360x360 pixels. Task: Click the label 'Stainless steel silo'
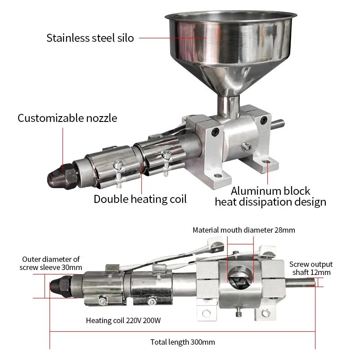pyautogui.click(x=90, y=38)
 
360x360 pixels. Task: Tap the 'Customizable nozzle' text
pyautogui.click(x=67, y=118)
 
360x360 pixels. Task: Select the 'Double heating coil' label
pyautogui.click(x=140, y=199)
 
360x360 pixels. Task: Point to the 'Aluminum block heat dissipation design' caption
pyautogui.click(x=270, y=197)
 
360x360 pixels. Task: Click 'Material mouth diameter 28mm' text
pyautogui.click(x=243, y=230)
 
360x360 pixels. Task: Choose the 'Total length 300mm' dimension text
pyautogui.click(x=182, y=342)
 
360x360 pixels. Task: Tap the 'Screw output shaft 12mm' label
pyautogui.click(x=310, y=268)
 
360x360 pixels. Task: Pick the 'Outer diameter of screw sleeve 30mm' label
pyautogui.click(x=51, y=263)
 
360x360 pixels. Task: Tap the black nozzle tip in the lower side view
pyautogui.click(x=58, y=284)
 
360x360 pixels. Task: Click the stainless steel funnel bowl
pyautogui.click(x=229, y=45)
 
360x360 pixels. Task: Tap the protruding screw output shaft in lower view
pyautogui.click(x=301, y=283)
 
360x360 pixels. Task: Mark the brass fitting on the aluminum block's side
pyautogui.click(x=247, y=145)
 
